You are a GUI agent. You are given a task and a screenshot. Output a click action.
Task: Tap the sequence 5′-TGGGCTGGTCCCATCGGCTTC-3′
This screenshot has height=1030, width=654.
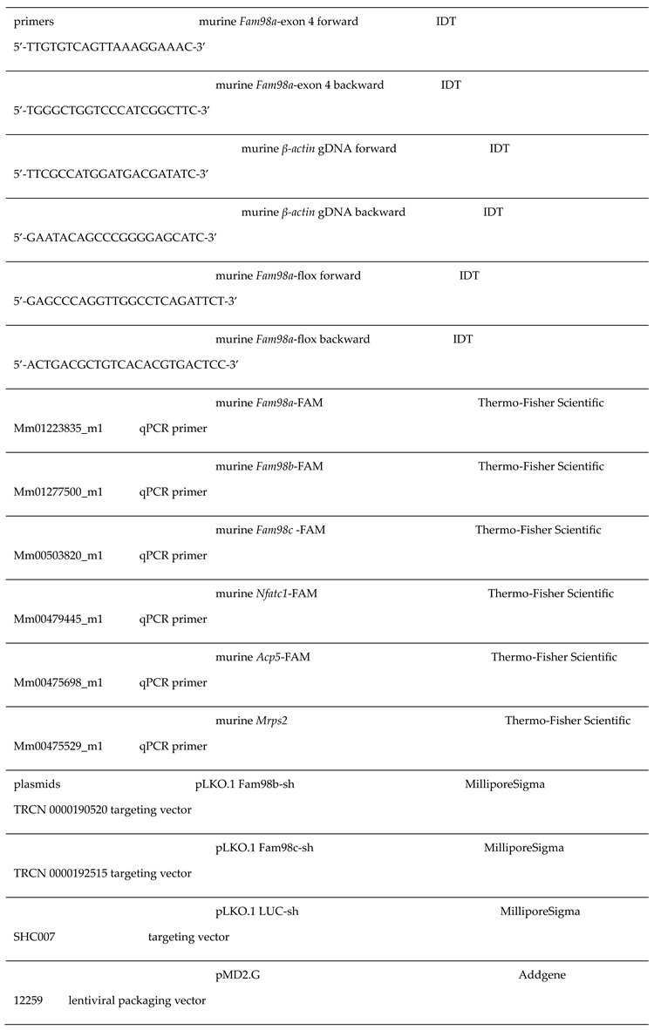pos(112,111)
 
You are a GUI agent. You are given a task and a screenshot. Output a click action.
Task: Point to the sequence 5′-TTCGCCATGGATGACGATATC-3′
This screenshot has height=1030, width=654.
pos(112,174)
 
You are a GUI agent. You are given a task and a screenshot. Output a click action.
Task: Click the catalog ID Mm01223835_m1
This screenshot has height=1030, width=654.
pos(58,429)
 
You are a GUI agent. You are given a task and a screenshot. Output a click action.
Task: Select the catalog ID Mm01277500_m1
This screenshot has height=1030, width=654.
pos(58,492)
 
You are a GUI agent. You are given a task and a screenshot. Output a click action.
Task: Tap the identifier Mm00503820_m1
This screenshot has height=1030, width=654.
pos(58,556)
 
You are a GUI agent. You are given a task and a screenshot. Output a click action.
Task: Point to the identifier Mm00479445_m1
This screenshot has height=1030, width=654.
pos(58,620)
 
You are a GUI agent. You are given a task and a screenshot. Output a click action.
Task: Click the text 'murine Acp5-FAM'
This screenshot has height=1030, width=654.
pos(262,657)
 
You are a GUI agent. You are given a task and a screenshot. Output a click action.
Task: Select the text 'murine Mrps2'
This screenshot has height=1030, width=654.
pos(254,721)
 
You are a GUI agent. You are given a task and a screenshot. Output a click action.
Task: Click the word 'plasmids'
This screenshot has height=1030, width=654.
pos(37,784)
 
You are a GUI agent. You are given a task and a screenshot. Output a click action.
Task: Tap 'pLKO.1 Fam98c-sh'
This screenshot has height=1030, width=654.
pos(264,848)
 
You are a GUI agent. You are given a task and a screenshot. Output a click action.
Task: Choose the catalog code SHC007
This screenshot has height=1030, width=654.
pos(35,938)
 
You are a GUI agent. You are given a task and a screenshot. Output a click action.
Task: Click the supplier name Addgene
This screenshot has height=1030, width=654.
pos(542,975)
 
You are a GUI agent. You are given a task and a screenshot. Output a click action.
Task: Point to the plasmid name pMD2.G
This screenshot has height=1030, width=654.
pos(237,975)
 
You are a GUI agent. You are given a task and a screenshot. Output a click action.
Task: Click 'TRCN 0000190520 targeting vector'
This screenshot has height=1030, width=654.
pos(103,810)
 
